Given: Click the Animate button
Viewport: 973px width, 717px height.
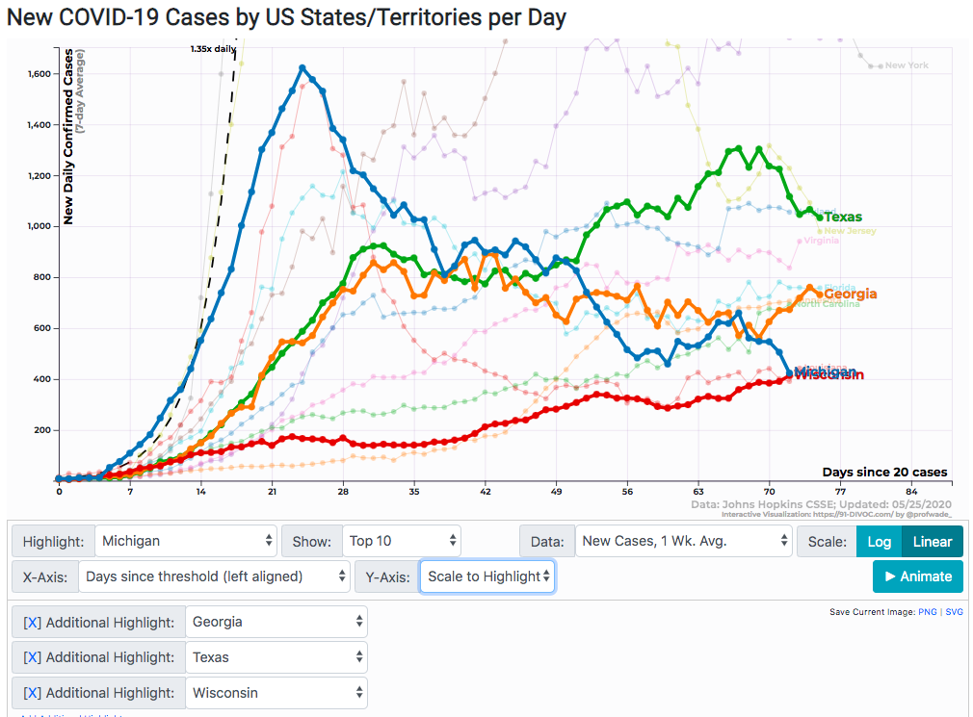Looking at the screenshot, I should [917, 576].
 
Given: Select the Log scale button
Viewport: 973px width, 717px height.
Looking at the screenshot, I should [879, 542].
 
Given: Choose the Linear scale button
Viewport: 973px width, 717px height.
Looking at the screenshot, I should [932, 542].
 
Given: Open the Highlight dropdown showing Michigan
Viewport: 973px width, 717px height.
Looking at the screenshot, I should [187, 542].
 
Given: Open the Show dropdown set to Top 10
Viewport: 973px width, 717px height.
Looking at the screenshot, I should [401, 542].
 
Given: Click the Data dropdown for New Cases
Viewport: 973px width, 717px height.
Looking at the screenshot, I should [683, 542].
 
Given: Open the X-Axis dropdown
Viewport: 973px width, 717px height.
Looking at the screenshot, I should [213, 576].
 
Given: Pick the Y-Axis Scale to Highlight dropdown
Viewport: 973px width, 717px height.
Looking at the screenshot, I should [486, 576].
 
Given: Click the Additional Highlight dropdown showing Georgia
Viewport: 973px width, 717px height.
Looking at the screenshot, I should [276, 623].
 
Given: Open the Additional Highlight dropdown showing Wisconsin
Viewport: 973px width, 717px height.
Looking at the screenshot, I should [276, 693].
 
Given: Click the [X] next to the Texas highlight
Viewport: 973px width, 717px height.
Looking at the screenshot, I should [32, 658].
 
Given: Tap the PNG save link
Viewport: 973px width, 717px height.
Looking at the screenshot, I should [927, 612].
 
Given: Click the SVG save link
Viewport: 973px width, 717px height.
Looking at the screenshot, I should [954, 612].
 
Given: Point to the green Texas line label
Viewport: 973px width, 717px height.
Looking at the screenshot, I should [843, 218].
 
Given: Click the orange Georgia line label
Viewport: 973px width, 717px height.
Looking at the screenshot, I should [850, 294].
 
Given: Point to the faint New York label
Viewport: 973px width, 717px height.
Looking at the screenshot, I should [907, 65].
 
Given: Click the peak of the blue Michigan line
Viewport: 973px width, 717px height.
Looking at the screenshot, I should [302, 67].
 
